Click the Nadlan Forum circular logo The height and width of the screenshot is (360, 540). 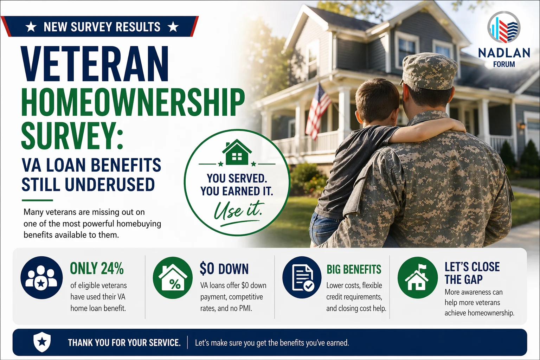tap(504, 27)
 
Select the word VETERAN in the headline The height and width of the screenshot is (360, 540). tap(95, 64)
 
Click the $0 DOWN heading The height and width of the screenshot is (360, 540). tap(224, 269)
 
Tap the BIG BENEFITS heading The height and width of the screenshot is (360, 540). tap(354, 269)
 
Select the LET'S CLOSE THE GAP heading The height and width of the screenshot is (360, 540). tap(472, 273)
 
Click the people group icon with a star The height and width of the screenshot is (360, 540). tap(41, 277)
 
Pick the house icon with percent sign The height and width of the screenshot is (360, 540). tap(173, 278)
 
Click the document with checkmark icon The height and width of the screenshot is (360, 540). tap(302, 278)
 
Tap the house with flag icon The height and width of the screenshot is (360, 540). tap(417, 278)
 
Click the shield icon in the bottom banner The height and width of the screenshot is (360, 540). tap(42, 342)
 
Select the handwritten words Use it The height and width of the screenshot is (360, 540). tap(238, 210)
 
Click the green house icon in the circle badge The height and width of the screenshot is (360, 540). tap(237, 153)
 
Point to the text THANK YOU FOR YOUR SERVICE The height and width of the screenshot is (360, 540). tap(124, 343)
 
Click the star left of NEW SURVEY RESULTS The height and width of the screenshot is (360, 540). tap(31, 27)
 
